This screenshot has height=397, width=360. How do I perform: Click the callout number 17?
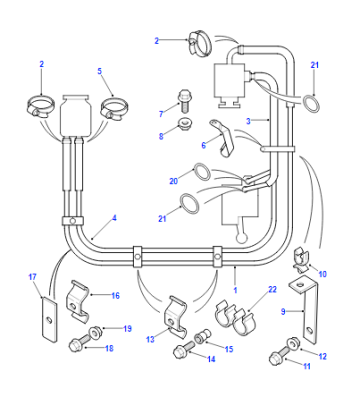[x=32, y=277]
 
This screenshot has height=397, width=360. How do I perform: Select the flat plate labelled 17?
[x=49, y=319]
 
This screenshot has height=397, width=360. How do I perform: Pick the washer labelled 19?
[x=96, y=332]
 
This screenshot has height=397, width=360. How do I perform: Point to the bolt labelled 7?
[x=184, y=100]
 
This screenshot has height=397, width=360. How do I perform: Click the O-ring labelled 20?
[x=202, y=172]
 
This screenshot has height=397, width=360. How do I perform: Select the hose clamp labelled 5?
[x=115, y=109]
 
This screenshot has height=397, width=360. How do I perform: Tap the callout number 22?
[x=273, y=289]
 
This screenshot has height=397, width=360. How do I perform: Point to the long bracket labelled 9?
[x=306, y=309]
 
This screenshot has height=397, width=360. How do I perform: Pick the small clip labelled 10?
[x=302, y=259]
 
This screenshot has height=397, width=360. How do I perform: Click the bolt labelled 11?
[x=280, y=356]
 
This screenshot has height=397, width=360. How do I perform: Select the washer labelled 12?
[x=294, y=342]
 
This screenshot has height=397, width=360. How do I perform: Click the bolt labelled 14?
[x=184, y=349]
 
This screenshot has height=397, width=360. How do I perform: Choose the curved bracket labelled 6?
[x=223, y=137]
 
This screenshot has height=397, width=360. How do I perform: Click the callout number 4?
[x=114, y=218]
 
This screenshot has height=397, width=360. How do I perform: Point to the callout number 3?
[x=248, y=122]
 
